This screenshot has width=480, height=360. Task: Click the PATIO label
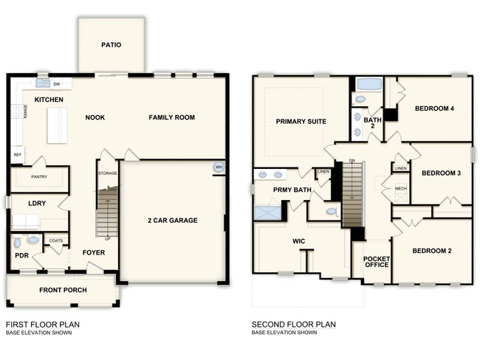[111, 45]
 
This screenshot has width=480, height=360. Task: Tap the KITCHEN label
[48, 100]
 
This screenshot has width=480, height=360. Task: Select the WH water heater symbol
[219, 167]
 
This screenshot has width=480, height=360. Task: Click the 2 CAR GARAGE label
[172, 220]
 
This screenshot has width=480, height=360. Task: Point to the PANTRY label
[39, 177]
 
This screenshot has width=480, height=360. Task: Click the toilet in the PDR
[32, 240]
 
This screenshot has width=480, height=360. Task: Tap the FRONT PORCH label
[63, 290]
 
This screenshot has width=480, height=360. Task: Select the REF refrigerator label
[17, 155]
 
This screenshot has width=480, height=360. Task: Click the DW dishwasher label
[56, 84]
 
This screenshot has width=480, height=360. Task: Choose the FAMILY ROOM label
[171, 117]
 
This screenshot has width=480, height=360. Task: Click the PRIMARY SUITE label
[301, 121]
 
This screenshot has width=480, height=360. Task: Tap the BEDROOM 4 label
[434, 108]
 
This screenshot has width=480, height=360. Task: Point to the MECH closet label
[401, 189]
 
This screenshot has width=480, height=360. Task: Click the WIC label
[299, 240]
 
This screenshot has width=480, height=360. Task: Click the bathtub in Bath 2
[366, 83]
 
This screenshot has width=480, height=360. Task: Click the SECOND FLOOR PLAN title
[293, 324]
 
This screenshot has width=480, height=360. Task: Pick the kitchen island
[57, 125]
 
